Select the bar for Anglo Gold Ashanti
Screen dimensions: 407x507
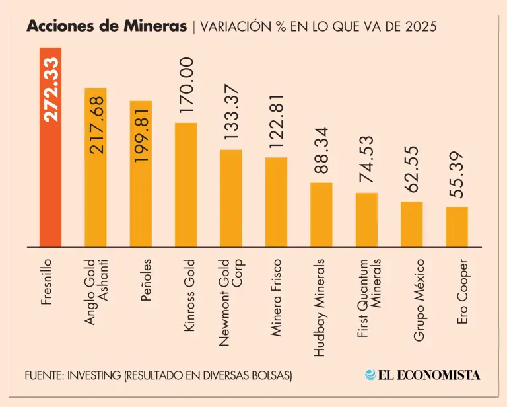[x=96, y=198]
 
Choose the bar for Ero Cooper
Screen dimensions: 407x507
[x=456, y=227]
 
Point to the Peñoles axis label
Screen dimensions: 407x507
[x=145, y=283]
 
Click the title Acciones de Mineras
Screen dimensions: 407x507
[x=107, y=27]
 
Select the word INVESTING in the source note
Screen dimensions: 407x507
[x=95, y=375]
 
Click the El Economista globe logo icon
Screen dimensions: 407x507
[x=370, y=375]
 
